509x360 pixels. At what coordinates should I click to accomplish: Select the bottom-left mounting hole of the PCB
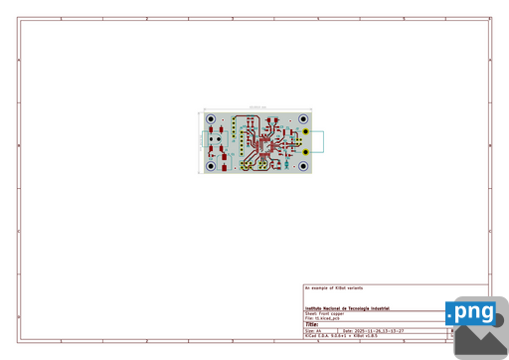point(211,165)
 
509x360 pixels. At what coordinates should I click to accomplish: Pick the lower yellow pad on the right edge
point(308,151)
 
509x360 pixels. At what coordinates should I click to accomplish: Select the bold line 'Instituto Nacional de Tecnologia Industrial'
point(347,308)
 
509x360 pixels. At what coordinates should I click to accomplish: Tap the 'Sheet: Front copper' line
point(325,313)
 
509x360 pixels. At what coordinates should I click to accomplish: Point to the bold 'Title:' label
point(311,324)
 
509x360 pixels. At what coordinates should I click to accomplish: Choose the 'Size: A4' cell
point(313,330)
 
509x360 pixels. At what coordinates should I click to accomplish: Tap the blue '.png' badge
point(471,313)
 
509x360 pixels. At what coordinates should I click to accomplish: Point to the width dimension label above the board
point(256,107)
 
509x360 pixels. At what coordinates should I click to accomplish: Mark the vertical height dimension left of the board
point(201,142)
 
